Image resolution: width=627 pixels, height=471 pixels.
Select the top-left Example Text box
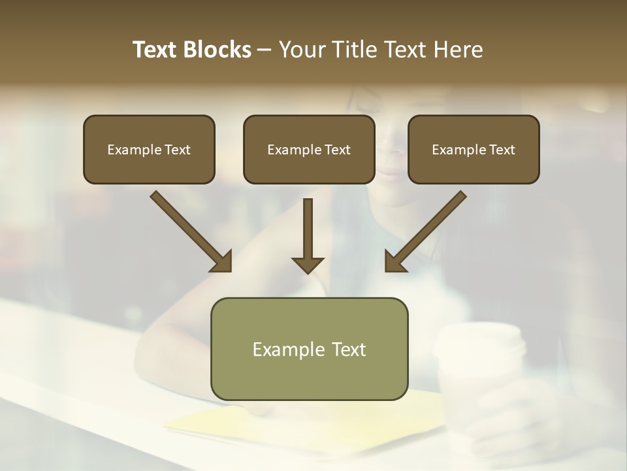tap(149, 149)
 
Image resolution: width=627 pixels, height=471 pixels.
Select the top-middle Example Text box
tap(309, 149)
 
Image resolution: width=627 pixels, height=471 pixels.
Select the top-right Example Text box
tap(474, 149)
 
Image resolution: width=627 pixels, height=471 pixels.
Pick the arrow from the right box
tap(428, 229)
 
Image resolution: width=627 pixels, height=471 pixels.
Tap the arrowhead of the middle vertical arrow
tap(308, 264)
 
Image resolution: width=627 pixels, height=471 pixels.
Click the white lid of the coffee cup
tap(480, 341)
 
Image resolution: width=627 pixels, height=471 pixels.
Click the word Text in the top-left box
tap(177, 150)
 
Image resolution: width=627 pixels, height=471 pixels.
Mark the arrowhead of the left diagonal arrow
tap(221, 261)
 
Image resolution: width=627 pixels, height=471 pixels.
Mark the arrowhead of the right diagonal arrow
tap(395, 261)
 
